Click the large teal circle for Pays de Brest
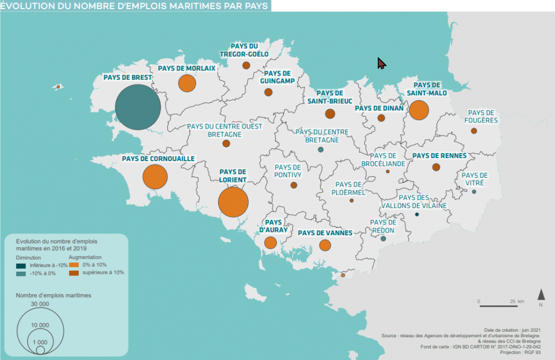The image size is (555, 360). coord(138,108)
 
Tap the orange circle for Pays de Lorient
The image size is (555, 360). coord(233,202)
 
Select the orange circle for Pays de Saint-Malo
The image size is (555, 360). coord(418,110)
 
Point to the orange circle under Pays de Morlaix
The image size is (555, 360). coord(187,83)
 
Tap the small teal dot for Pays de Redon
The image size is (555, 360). coord(383,239)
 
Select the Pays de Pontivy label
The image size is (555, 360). coord(288,171)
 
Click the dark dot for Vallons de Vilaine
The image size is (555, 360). coord(417,215)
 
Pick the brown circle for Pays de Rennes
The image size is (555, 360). coord(436,167)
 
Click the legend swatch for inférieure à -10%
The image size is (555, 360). coord(21,265)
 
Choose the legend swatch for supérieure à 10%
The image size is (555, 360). coord(74,273)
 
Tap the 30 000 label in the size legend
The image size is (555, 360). coord(40,304)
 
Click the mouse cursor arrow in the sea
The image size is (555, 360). coord(381,63)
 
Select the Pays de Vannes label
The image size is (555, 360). coord(325,233)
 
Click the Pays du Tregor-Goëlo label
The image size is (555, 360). coord(243,50)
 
